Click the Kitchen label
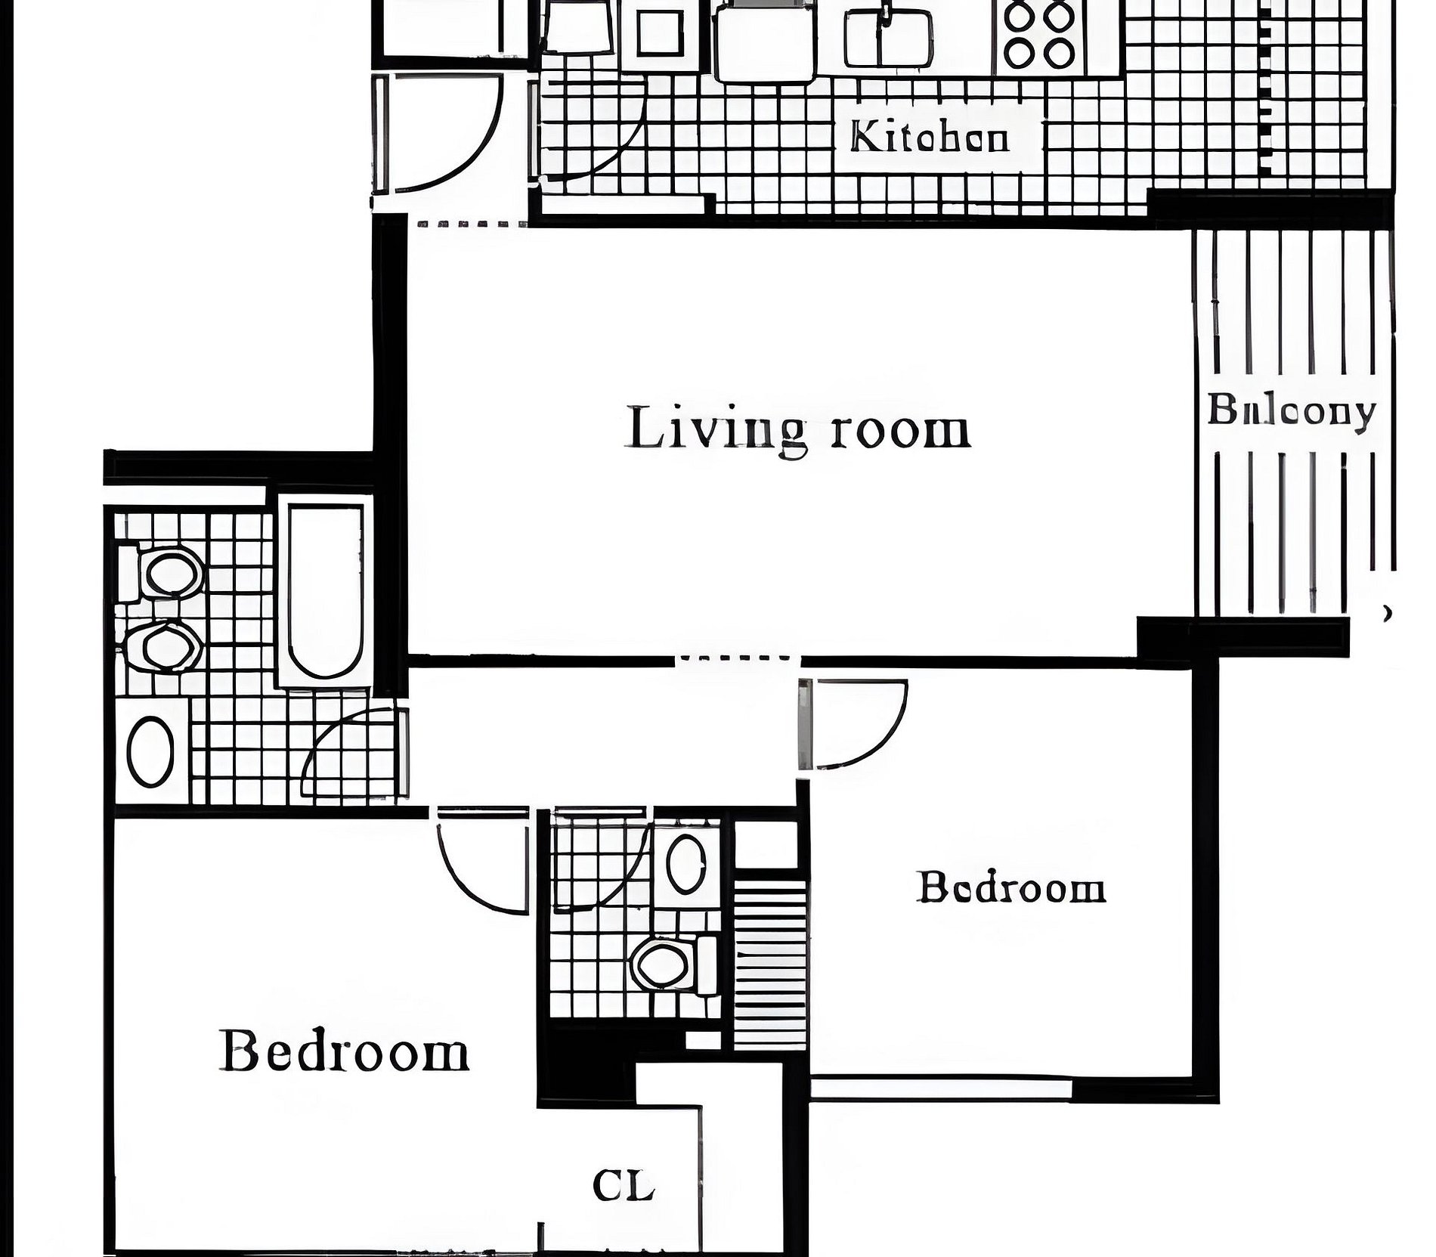pyautogui.click(x=930, y=138)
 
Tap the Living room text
pyautogui.click(x=798, y=429)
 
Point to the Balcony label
pyautogui.click(x=1291, y=412)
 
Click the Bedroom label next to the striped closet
pyautogui.click(x=1011, y=887)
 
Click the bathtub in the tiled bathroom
pyautogui.click(x=325, y=591)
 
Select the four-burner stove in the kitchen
pyautogui.click(x=1040, y=36)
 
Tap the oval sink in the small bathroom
pyautogui.click(x=686, y=862)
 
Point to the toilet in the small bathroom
pyautogui.click(x=674, y=964)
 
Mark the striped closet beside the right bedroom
pyautogui.click(x=771, y=964)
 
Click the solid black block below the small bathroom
pyautogui.click(x=586, y=1071)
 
